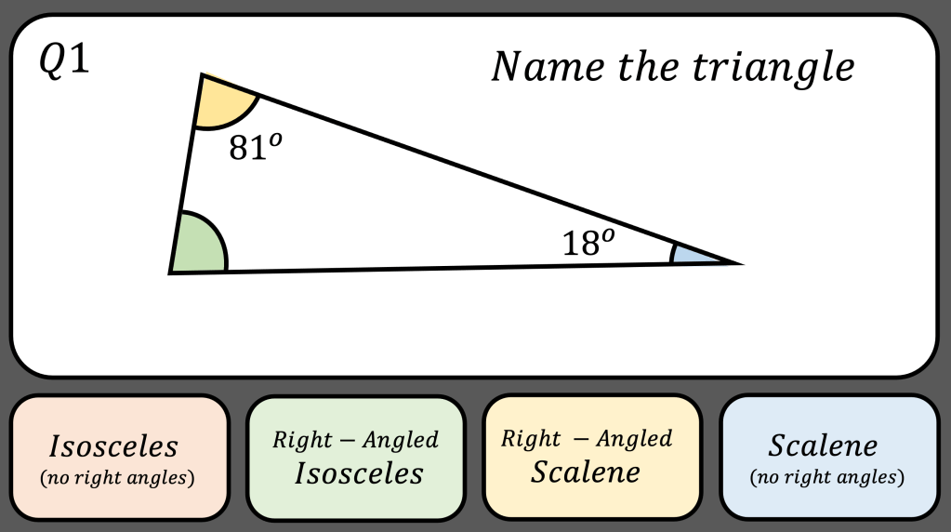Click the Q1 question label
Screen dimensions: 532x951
point(63,62)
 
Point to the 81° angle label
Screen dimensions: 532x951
point(254,146)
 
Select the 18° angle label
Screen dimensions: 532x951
point(588,243)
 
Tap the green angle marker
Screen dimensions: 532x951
point(199,246)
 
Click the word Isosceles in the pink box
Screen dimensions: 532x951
point(114,446)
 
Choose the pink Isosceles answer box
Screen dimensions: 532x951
point(119,458)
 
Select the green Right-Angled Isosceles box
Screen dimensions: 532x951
point(355,458)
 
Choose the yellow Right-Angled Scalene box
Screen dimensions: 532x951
point(592,458)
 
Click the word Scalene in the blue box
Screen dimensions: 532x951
point(824,446)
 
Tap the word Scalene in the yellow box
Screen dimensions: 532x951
point(586,472)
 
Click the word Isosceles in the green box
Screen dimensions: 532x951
point(359,473)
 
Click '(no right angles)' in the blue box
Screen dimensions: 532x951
point(826,479)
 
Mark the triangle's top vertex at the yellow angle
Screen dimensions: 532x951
point(202,75)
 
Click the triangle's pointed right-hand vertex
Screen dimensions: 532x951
point(739,263)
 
